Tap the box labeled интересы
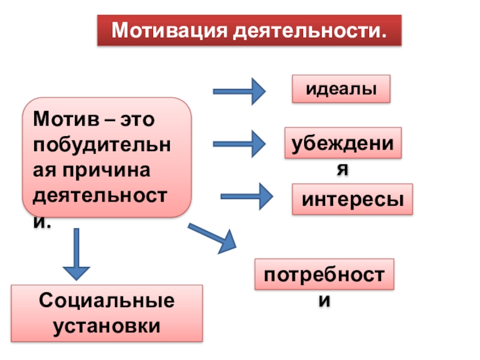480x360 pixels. coord(353,199)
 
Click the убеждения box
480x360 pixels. coord(343,143)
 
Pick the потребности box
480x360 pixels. coord(325,275)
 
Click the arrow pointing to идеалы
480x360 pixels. coord(239,92)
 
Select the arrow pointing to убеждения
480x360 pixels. coord(239,144)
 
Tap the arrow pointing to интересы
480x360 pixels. coord(247,196)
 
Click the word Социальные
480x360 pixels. coord(107,301)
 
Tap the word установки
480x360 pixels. coord(107,326)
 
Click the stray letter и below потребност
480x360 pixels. coord(324,302)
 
